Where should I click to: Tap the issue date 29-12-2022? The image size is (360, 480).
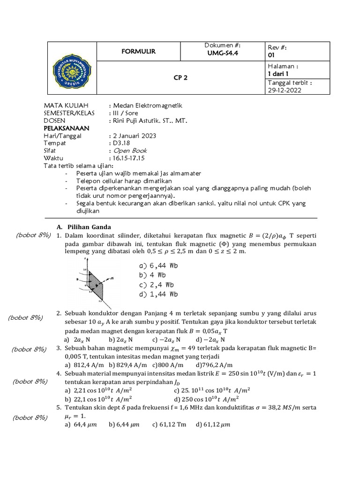(285, 90)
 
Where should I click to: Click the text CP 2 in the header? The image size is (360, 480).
(180, 78)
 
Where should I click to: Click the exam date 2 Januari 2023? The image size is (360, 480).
(135, 135)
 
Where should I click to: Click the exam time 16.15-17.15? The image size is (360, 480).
(127, 158)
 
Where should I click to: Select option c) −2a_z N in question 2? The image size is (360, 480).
(166, 339)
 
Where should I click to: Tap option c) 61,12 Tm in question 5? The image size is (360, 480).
(169, 425)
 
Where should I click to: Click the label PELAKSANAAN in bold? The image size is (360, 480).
(66, 128)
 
